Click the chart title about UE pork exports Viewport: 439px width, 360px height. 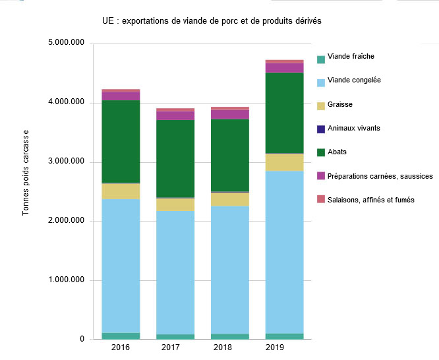pos(212,21)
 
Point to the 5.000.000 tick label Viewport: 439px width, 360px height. pos(67,44)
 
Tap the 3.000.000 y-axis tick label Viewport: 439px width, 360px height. pos(67,162)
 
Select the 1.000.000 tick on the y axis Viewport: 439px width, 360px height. pos(67,280)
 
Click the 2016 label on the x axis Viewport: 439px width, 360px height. pos(121,347)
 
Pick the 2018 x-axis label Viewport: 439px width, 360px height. pos(229,347)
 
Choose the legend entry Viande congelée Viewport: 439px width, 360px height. pos(354,80)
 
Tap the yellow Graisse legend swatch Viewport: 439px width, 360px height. pos(321,105)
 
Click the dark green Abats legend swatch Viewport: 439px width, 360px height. pos(321,153)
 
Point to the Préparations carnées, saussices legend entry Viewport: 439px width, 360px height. pos(380,175)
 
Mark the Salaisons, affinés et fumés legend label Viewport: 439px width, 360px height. pos(370,199)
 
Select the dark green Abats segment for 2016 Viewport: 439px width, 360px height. pos(121,141)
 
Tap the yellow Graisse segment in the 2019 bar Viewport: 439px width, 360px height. pos(285,162)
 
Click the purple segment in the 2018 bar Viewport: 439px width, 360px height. pos(230,114)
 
